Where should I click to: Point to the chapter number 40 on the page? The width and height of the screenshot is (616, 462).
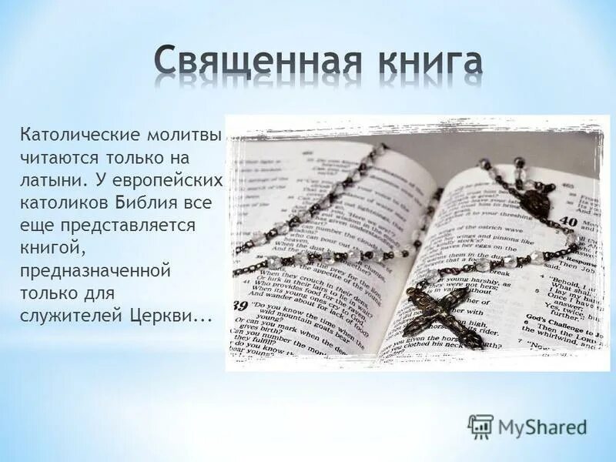567,221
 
